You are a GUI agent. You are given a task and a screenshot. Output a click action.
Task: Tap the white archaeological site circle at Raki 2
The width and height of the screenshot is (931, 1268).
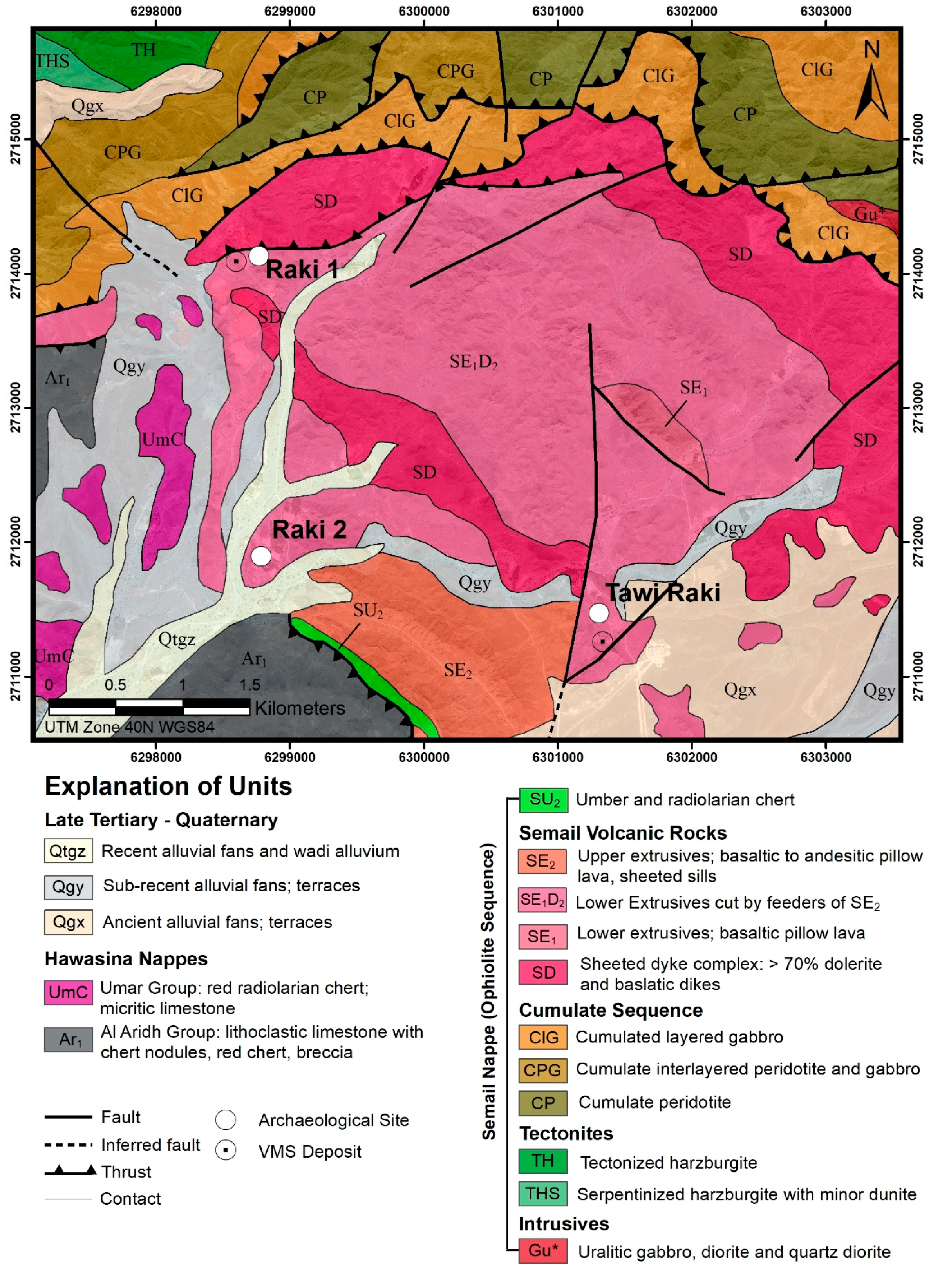[x=261, y=556]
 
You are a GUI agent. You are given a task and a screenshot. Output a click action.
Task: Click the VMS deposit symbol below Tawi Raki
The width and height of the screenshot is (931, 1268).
[x=602, y=641]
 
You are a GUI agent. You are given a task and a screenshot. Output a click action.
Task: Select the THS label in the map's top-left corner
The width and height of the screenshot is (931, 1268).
[x=52, y=61]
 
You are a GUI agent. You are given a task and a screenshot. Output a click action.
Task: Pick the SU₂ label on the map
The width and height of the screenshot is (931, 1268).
[x=368, y=610]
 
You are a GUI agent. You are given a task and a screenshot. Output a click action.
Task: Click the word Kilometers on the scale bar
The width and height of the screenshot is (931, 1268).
[x=299, y=708]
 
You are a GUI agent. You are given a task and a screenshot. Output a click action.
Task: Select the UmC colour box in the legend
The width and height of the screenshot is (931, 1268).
[x=68, y=992]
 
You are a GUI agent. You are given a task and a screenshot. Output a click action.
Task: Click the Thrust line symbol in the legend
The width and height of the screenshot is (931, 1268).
[x=71, y=1172]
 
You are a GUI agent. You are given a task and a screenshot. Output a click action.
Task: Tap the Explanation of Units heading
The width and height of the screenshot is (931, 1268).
[x=168, y=786]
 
